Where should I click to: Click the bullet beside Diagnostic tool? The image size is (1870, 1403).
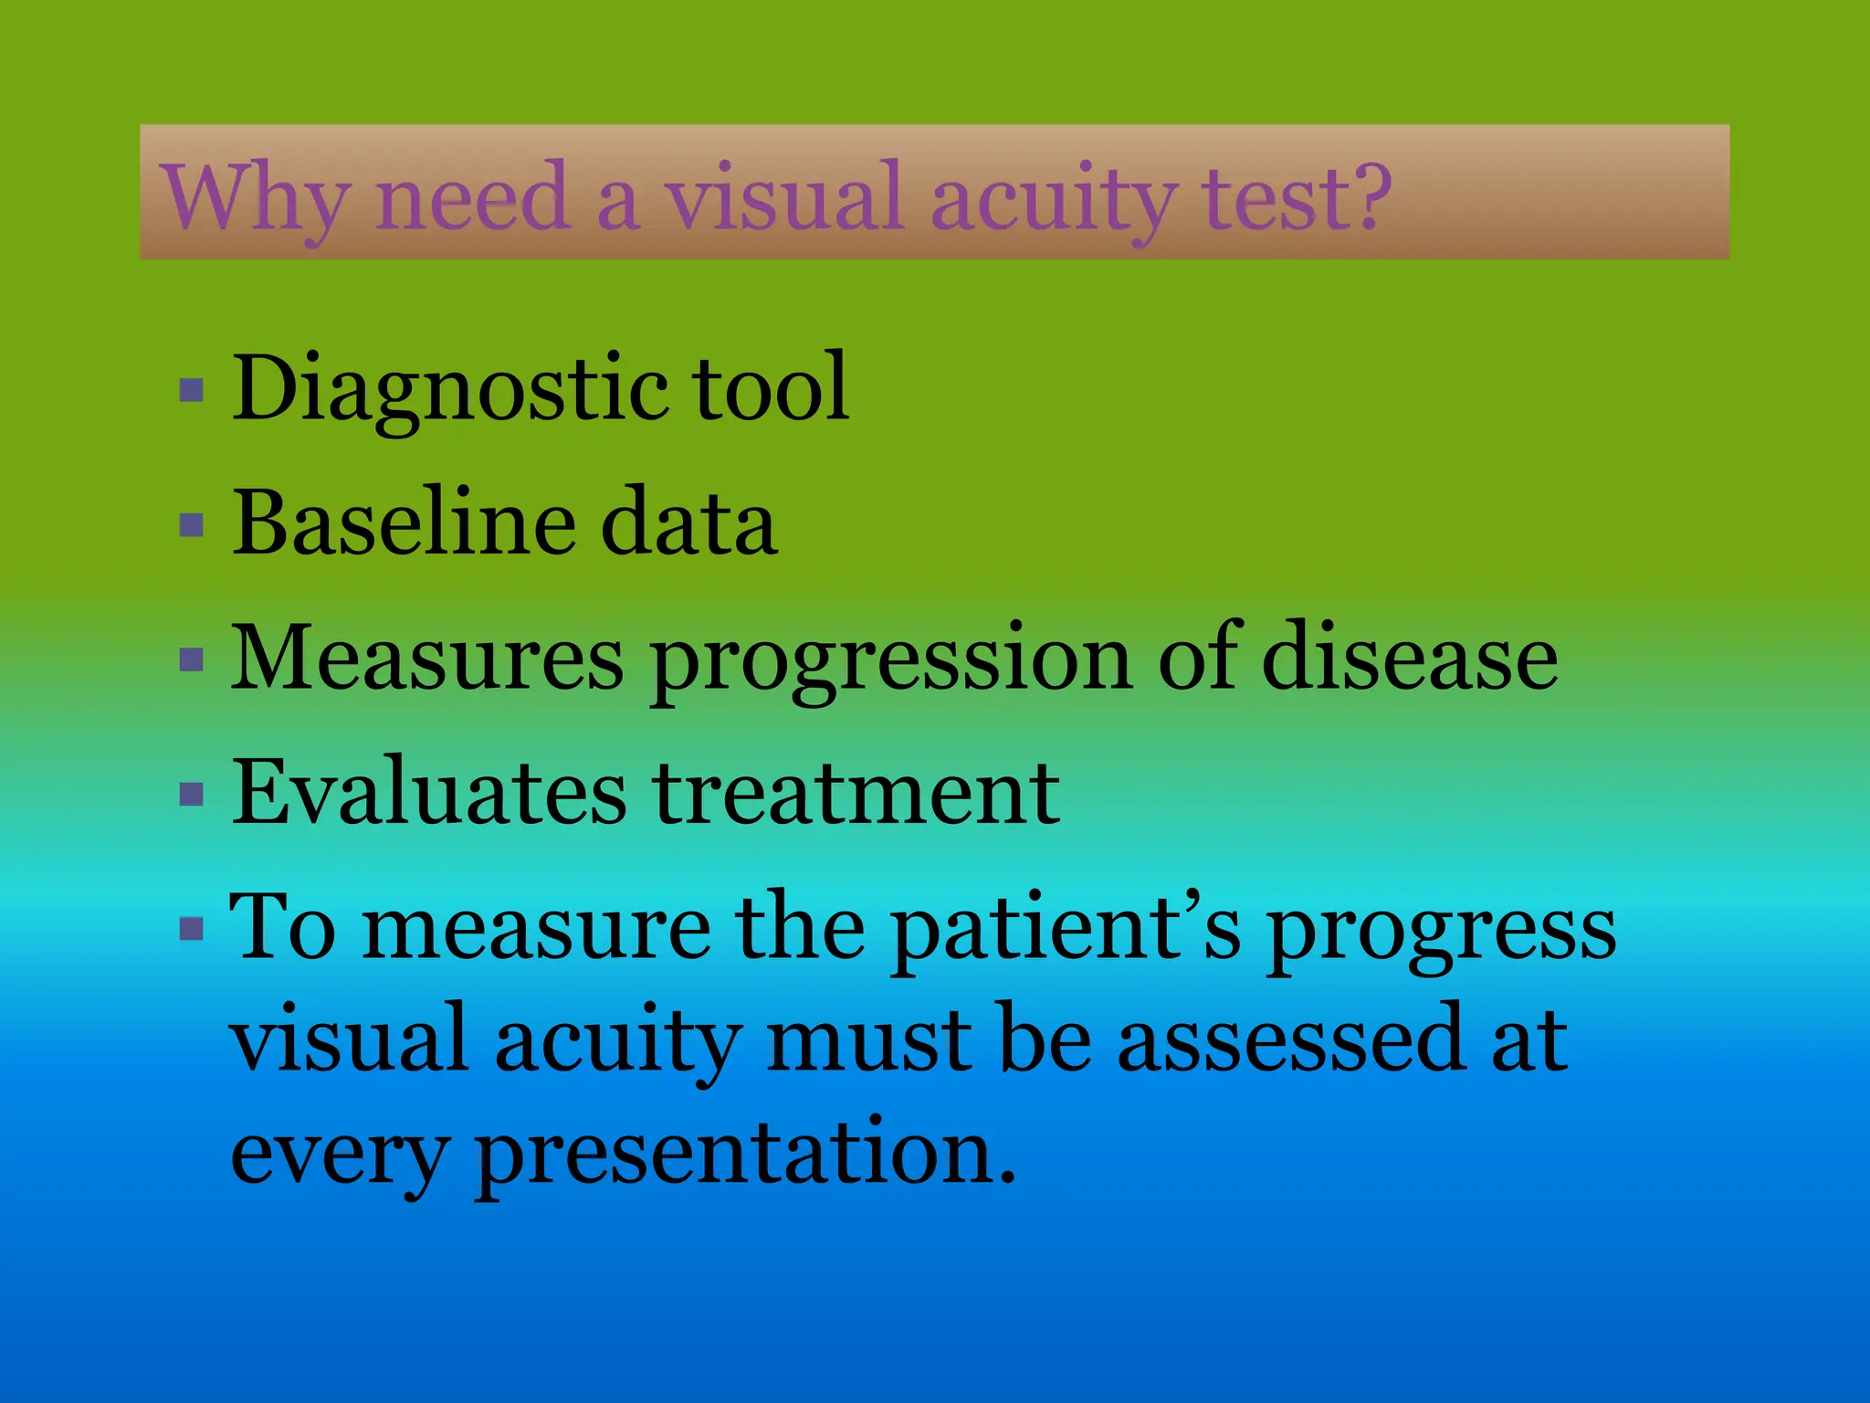pyautogui.click(x=192, y=391)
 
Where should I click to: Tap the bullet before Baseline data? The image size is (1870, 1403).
pyautogui.click(x=192, y=525)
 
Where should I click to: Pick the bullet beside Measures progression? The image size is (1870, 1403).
pyautogui.click(x=192, y=659)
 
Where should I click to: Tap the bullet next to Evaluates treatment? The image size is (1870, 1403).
pyautogui.click(x=192, y=794)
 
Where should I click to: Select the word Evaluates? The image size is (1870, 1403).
pyautogui.click(x=429, y=792)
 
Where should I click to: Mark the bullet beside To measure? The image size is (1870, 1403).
pyautogui.click(x=192, y=930)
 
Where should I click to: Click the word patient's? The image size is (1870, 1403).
pyautogui.click(x=1065, y=930)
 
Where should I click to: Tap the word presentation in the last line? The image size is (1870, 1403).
pyautogui.click(x=745, y=1153)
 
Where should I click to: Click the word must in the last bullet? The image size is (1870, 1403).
pyautogui.click(x=868, y=1040)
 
